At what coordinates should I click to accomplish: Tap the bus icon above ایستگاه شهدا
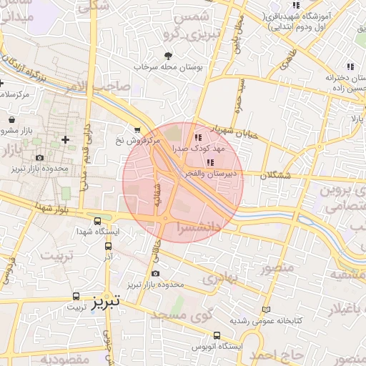(98, 222)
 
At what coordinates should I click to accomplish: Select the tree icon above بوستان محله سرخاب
(169, 55)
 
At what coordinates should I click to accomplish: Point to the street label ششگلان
(277, 174)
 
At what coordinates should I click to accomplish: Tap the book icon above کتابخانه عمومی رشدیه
(267, 310)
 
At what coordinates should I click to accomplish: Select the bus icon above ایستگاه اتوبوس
(216, 335)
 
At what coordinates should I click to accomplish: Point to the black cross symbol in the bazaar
(66, 139)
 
